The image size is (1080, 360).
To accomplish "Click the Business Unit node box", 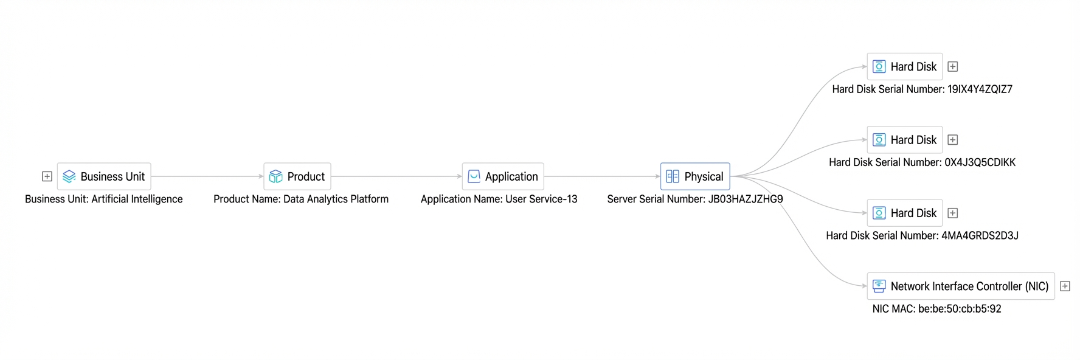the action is click(x=104, y=176).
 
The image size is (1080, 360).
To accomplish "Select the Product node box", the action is click(x=297, y=176).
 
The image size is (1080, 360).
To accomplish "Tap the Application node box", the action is click(x=503, y=176).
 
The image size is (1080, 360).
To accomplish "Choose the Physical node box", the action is click(x=695, y=176).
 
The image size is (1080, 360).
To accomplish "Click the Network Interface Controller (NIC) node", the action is click(x=961, y=286).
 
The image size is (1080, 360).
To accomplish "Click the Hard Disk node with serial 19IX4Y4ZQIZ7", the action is click(x=905, y=66).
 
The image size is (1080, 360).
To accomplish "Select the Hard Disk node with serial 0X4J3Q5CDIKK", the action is click(x=905, y=140).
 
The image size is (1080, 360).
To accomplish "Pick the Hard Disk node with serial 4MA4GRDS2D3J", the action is click(x=905, y=213).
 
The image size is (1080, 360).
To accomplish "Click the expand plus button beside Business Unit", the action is click(x=47, y=176).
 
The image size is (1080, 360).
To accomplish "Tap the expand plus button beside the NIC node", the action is click(x=1065, y=286).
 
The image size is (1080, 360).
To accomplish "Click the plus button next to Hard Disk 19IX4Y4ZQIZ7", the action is click(x=953, y=66).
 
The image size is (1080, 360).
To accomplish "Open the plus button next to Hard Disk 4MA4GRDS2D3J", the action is click(x=953, y=213).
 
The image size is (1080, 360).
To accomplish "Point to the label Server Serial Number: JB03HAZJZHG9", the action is click(x=695, y=199).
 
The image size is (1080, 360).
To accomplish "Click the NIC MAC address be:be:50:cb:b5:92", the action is click(x=960, y=309).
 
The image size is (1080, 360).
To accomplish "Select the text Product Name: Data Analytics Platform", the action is click(x=301, y=199).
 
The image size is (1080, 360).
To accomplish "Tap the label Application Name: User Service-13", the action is click(x=499, y=199).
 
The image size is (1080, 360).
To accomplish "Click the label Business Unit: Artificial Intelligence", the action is click(x=104, y=199).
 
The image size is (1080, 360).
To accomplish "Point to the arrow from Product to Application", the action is click(x=396, y=176).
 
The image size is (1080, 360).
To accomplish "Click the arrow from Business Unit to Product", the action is click(x=207, y=176).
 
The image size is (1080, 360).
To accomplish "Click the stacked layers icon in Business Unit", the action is click(x=69, y=176).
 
